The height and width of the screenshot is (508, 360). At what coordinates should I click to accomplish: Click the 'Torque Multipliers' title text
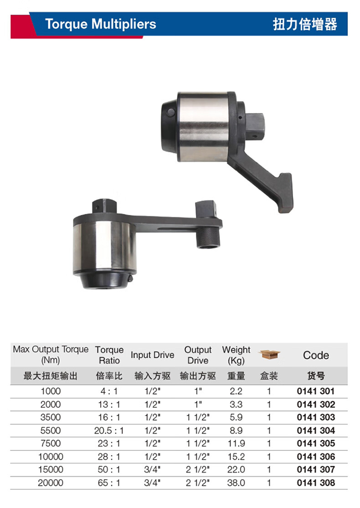pos(100,24)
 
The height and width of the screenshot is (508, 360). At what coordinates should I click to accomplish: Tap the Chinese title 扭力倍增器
pos(305,24)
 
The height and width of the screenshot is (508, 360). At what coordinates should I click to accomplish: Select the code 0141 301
pos(315,391)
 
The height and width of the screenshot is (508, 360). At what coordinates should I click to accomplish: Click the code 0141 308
pos(315,483)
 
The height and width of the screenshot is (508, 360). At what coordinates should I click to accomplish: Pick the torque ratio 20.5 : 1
pos(109,431)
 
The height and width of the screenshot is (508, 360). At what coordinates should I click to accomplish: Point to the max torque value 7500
pos(50,443)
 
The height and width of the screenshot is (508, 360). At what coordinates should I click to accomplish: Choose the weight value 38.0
pos(236,483)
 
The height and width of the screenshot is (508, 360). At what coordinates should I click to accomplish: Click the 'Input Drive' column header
pos(153,355)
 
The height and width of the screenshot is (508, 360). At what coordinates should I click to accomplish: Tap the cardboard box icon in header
pos(269,354)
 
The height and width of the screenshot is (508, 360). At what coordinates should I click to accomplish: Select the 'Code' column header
pos(316,355)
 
